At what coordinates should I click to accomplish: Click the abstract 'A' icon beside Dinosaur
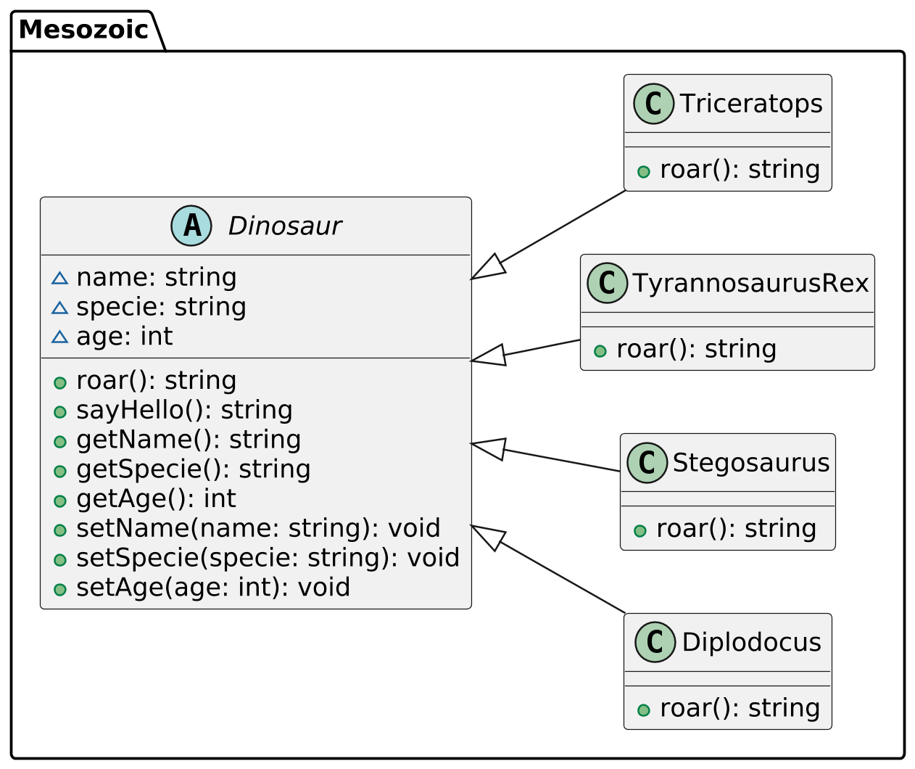[x=191, y=226]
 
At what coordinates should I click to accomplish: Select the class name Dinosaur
[x=284, y=226]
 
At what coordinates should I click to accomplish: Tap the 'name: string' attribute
[x=156, y=277]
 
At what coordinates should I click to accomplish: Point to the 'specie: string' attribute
[x=161, y=307]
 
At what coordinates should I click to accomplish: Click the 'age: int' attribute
[x=124, y=337]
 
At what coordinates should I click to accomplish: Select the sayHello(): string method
[x=184, y=410]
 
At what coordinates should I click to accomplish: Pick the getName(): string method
[x=189, y=440]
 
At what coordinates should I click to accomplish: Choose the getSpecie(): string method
[x=193, y=469]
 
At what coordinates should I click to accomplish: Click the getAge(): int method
[x=156, y=499]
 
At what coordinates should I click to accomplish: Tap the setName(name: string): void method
[x=258, y=528]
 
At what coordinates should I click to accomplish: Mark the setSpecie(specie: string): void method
[x=268, y=558]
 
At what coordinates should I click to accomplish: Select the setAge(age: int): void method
[x=213, y=588]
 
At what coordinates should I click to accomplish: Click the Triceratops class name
[x=750, y=104]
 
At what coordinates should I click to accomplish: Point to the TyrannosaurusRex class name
[x=750, y=283]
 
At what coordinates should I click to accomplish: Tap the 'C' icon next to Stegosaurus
[x=647, y=463]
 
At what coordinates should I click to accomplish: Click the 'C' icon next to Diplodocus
[x=655, y=642]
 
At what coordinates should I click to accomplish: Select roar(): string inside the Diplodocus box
[x=740, y=707]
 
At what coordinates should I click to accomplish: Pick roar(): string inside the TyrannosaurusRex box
[x=696, y=349]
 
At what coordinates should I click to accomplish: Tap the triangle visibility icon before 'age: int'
[x=59, y=337]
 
